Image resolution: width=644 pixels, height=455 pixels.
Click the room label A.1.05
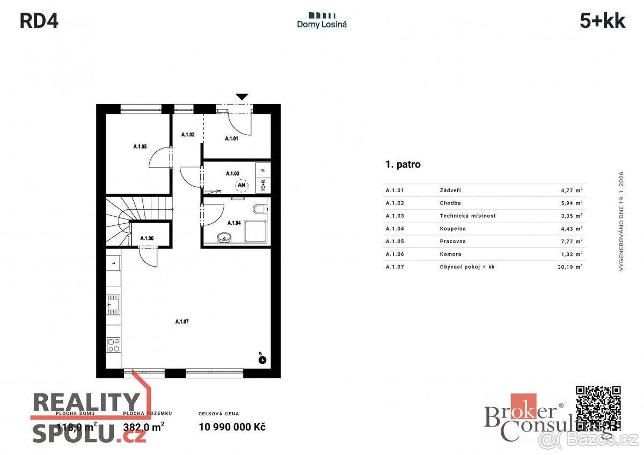pos(140,146)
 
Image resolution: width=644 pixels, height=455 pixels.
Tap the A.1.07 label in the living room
pos(182,321)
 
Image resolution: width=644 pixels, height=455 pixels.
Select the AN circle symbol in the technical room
pos(241,186)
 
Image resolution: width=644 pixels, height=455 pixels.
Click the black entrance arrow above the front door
pos(243,97)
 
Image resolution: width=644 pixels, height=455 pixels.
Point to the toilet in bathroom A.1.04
pos(260,209)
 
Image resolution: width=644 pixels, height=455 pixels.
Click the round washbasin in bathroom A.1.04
pos(223,236)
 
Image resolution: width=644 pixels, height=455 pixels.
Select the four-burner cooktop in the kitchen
pos(113,344)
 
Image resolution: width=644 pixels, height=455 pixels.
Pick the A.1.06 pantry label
pos(147,238)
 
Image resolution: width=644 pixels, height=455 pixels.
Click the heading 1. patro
pos(403,165)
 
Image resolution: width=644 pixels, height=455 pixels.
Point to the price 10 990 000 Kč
pos(232,427)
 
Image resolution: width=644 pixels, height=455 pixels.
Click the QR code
pos(598,408)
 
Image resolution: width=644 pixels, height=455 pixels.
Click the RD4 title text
pos(39,21)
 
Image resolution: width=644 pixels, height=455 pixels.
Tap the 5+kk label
pos(602,21)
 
